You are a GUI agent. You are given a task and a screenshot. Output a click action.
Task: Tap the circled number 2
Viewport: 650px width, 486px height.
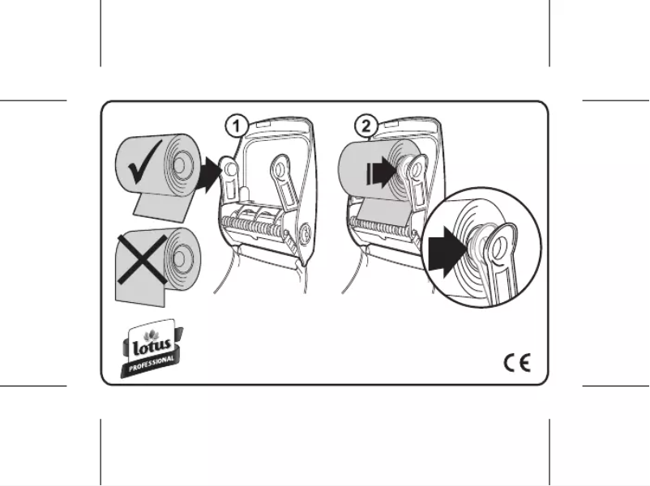coord(366,126)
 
